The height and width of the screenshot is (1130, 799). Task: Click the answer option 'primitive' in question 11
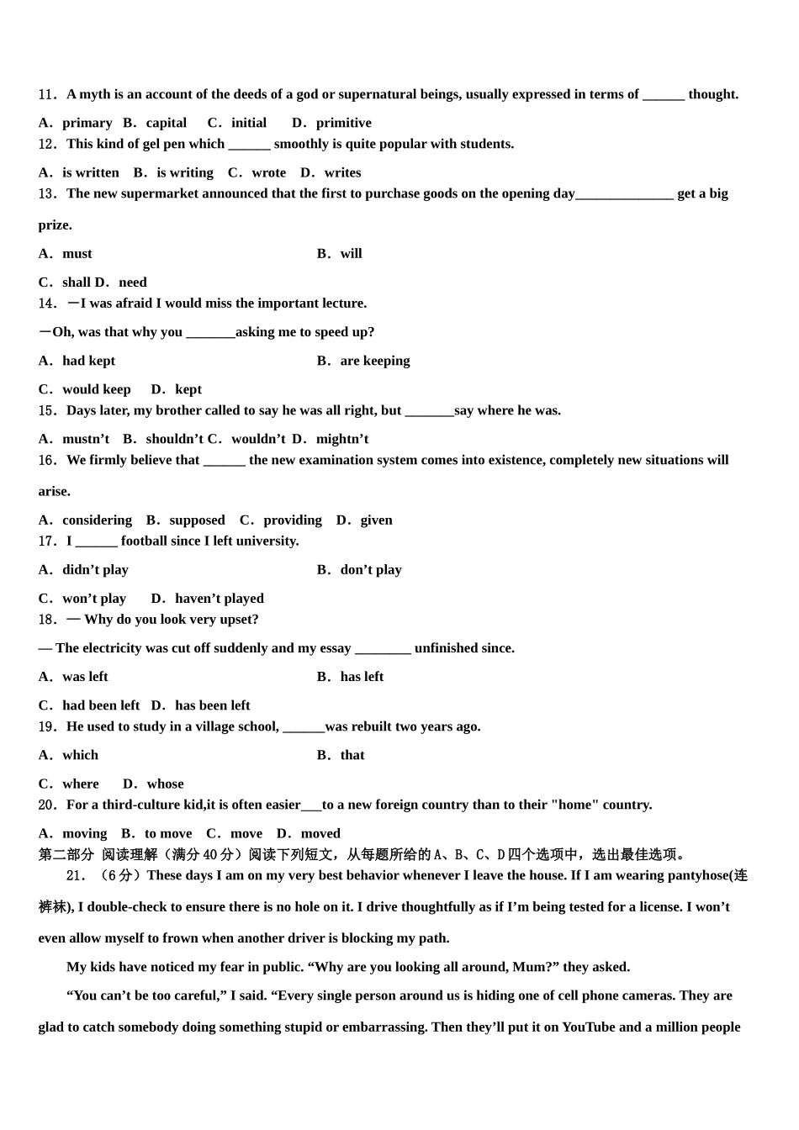[343, 123]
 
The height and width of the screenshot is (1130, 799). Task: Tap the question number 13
[47, 193]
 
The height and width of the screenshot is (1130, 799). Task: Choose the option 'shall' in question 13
[77, 282]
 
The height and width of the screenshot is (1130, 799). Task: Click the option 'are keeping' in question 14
[375, 361]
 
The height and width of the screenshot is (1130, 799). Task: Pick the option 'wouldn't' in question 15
[258, 439]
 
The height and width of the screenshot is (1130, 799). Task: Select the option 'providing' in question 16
[293, 520]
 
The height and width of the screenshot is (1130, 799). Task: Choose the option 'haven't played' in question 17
[220, 599]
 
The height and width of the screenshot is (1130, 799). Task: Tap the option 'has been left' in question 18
[213, 705]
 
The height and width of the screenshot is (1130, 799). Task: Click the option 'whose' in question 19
[165, 784]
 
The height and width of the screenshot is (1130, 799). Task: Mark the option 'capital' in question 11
[167, 123]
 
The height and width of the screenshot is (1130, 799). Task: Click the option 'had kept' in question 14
[88, 361]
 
